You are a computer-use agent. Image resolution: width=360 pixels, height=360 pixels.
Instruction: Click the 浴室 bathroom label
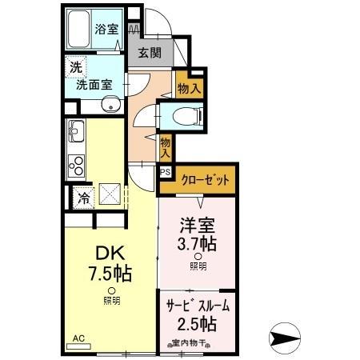click(106, 30)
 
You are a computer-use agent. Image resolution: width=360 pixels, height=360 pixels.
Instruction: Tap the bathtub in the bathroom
click(78, 30)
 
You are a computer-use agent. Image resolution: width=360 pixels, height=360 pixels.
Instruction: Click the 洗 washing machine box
click(74, 67)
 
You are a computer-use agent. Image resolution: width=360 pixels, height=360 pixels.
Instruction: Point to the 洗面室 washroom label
click(94, 82)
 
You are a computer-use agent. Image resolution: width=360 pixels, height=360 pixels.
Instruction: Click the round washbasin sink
click(111, 103)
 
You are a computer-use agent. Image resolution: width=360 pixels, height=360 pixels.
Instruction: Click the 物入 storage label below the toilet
click(166, 146)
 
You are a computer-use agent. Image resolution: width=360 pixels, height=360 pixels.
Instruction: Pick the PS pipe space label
click(166, 171)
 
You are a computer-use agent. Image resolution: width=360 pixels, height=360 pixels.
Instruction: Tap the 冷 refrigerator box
click(82, 197)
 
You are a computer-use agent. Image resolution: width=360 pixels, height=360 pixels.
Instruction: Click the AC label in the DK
click(78, 338)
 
